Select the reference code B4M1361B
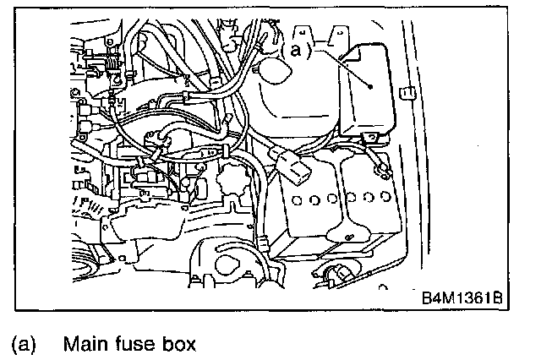[x=462, y=298]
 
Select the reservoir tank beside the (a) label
[x=296, y=93]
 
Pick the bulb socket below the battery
[x=336, y=275]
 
